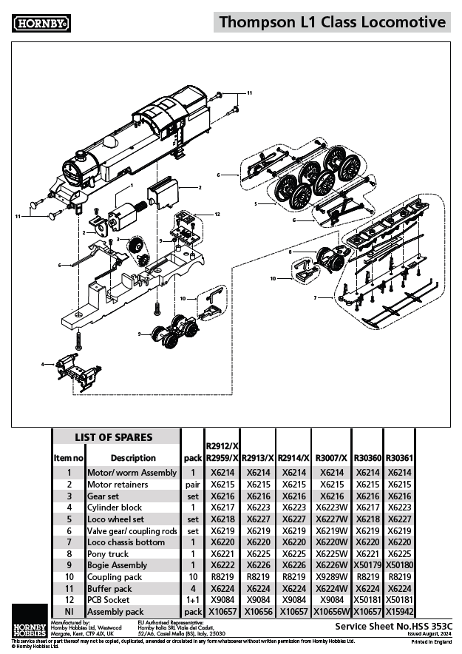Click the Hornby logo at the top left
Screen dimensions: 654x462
click(x=41, y=23)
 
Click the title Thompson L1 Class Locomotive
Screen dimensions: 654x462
click(x=332, y=23)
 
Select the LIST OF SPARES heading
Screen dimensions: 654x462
click(x=114, y=437)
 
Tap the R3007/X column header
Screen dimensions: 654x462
click(x=330, y=458)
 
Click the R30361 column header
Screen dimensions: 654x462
click(x=399, y=458)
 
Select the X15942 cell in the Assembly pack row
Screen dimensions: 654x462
click(x=399, y=612)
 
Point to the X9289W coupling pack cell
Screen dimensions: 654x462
click(x=330, y=577)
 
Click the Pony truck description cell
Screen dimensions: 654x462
click(x=108, y=554)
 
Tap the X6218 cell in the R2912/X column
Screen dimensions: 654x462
click(x=222, y=519)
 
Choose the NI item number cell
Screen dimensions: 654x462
click(x=69, y=612)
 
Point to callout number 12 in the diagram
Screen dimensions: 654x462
click(x=217, y=214)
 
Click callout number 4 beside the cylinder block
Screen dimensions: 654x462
click(x=43, y=364)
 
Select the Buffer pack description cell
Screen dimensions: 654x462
click(x=111, y=589)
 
